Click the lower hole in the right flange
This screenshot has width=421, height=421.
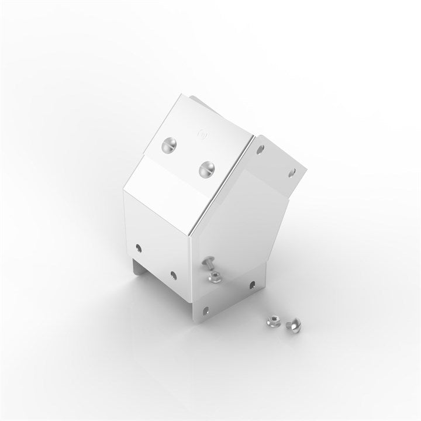(x=292, y=172)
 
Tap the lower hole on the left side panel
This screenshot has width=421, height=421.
(x=173, y=273)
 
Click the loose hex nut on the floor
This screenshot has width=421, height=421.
(x=272, y=320)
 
